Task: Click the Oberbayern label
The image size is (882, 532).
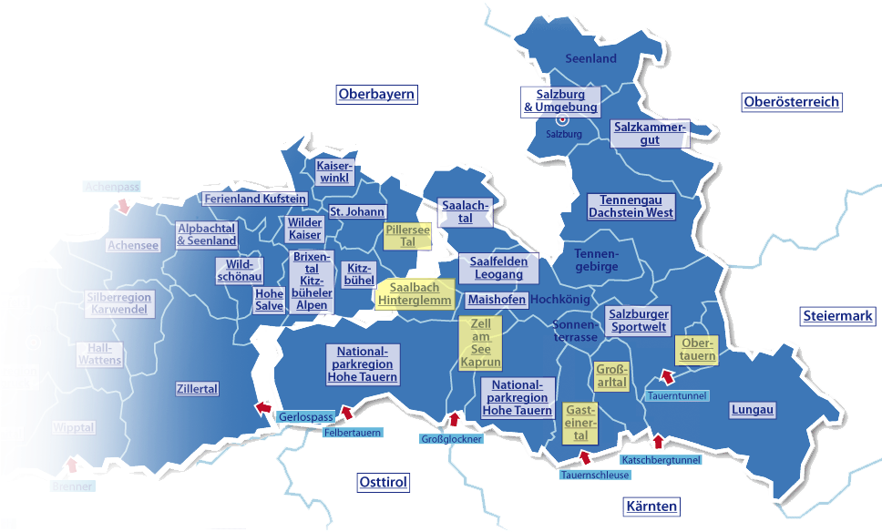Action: tap(376, 94)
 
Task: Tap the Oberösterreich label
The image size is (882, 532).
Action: tap(791, 102)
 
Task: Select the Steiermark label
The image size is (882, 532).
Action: tap(838, 317)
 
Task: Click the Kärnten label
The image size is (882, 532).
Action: tap(651, 506)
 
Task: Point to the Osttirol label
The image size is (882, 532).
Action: tap(383, 482)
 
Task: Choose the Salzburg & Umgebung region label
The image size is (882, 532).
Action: tap(560, 100)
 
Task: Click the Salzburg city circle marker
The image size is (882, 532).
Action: tap(562, 119)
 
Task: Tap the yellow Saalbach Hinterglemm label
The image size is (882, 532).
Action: tap(415, 293)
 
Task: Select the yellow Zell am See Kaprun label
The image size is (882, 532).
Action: tap(480, 343)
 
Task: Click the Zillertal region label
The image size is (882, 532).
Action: tap(197, 389)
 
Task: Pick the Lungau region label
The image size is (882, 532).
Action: tap(753, 410)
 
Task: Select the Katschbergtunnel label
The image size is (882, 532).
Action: tap(662, 460)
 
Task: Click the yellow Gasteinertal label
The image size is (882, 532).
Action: tap(580, 424)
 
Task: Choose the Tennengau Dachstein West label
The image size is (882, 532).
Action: tap(631, 206)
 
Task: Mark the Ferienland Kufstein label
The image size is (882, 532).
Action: tap(254, 199)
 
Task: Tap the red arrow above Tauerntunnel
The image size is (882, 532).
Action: tap(666, 376)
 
